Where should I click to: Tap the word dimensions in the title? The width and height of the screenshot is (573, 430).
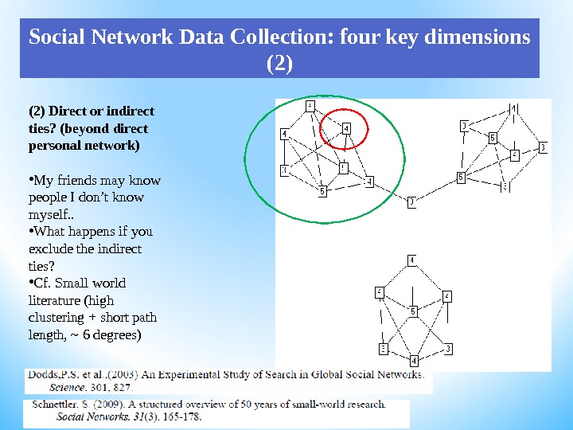click(482, 38)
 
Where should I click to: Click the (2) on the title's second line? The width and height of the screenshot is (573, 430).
click(279, 62)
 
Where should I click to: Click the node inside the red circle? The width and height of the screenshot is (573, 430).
click(345, 128)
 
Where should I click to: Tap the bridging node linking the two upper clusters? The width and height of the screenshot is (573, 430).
click(411, 202)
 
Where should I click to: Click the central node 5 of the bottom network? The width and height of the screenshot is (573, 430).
click(412, 312)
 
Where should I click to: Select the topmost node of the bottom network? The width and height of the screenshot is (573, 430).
click(411, 260)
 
